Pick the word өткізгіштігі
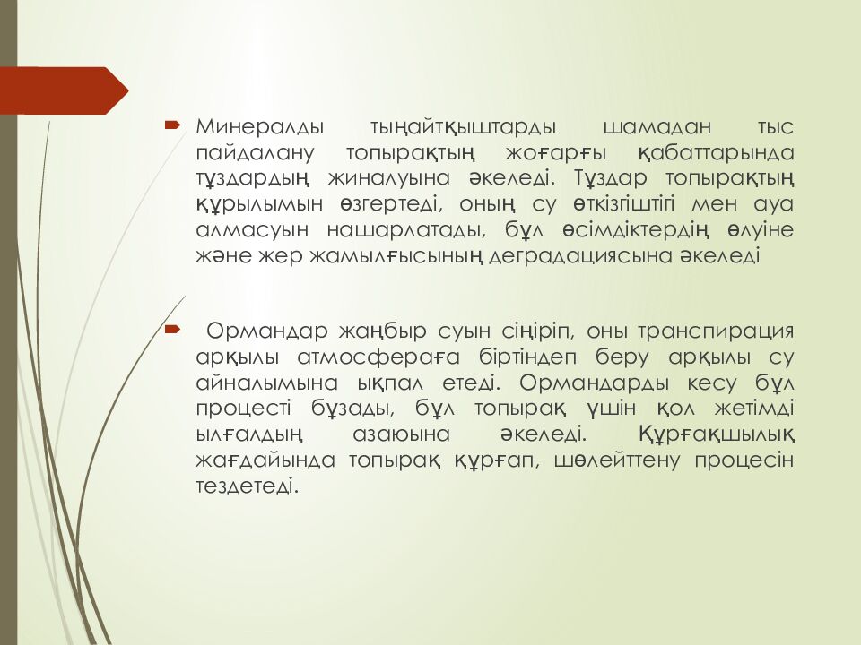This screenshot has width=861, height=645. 623,204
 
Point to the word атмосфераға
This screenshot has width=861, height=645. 378,358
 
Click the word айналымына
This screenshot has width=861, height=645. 267,383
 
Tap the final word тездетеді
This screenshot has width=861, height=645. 248,486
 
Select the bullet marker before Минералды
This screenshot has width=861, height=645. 172,125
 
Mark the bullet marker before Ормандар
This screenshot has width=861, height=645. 172,330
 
